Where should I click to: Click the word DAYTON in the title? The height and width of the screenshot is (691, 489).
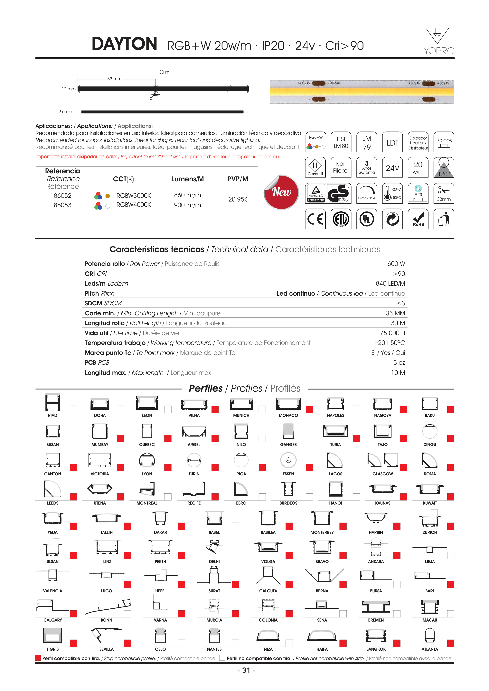coord(124,44)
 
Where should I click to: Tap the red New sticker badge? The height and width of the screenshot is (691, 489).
coord(281,192)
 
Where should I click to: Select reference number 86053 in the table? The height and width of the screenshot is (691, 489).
coord(63,205)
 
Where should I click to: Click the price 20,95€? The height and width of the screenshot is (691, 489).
coord(238,200)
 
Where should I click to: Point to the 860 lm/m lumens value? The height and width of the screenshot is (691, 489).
coord(187,195)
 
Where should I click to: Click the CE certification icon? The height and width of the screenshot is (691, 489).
coord(315,219)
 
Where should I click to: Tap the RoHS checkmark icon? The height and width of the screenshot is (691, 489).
coord(418,219)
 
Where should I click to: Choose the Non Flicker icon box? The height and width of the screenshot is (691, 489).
coord(341,167)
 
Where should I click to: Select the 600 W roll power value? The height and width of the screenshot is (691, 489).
coord(396,264)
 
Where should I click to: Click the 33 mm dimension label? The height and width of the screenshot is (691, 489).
coord(115,79)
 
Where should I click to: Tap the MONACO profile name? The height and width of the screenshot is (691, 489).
coord(288,416)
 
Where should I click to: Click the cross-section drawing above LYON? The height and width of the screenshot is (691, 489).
coord(147,460)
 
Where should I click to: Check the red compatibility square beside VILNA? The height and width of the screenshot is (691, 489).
coord(215,409)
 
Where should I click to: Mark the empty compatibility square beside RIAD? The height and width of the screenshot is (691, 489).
coord(73,409)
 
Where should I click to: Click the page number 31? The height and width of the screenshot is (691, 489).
coord(246,670)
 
